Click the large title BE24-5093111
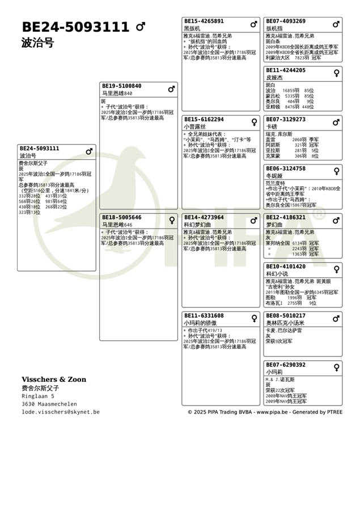[x=75, y=27]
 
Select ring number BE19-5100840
[x=121, y=86]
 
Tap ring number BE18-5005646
[x=121, y=217]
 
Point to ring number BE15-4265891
[x=204, y=21]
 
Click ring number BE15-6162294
[x=204, y=120]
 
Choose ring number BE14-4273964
[x=204, y=217]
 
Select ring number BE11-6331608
[x=204, y=315]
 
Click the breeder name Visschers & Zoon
[x=54, y=380]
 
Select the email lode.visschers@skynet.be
[x=61, y=412]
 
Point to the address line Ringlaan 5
[x=39, y=396]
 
